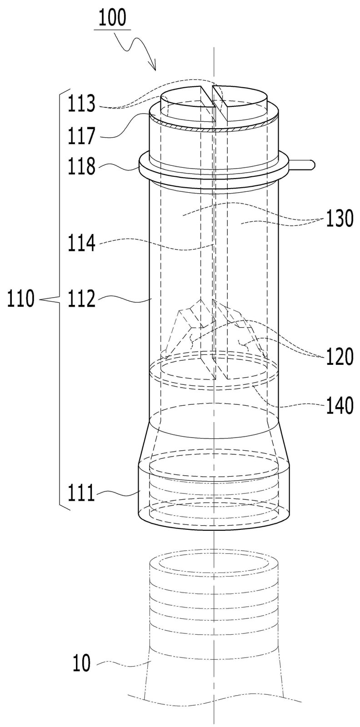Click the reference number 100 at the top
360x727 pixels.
[112, 19]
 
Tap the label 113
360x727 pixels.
[81, 104]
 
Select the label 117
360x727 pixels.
[81, 136]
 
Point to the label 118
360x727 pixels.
[81, 167]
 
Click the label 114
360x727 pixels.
[81, 244]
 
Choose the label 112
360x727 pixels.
[81, 299]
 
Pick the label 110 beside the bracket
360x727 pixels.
[21, 299]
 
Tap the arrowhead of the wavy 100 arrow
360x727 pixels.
[155, 67]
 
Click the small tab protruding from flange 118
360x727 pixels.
[301, 164]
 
